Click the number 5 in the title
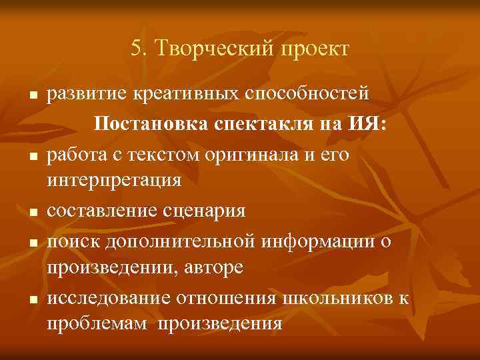pyautogui.click(x=136, y=49)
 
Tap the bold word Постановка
pyautogui.click(x=153, y=124)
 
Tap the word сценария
pyautogui.click(x=201, y=211)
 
